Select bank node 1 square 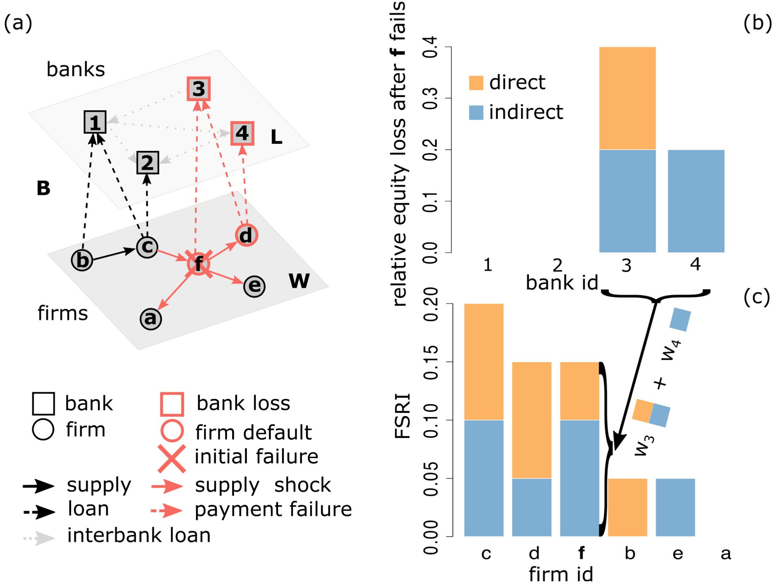(95, 122)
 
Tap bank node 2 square (147, 162)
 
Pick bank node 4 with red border (242, 133)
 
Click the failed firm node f (199, 264)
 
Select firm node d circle (246, 235)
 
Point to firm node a (150, 319)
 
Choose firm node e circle (254, 286)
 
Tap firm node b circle (82, 260)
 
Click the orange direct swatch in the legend (476, 83)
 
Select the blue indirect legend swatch (476, 113)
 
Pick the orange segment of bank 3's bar (627, 98)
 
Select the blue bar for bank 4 (696, 201)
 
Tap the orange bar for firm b (627, 507)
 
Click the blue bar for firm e (675, 507)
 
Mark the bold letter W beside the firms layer (299, 280)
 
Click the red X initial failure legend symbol (172, 458)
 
